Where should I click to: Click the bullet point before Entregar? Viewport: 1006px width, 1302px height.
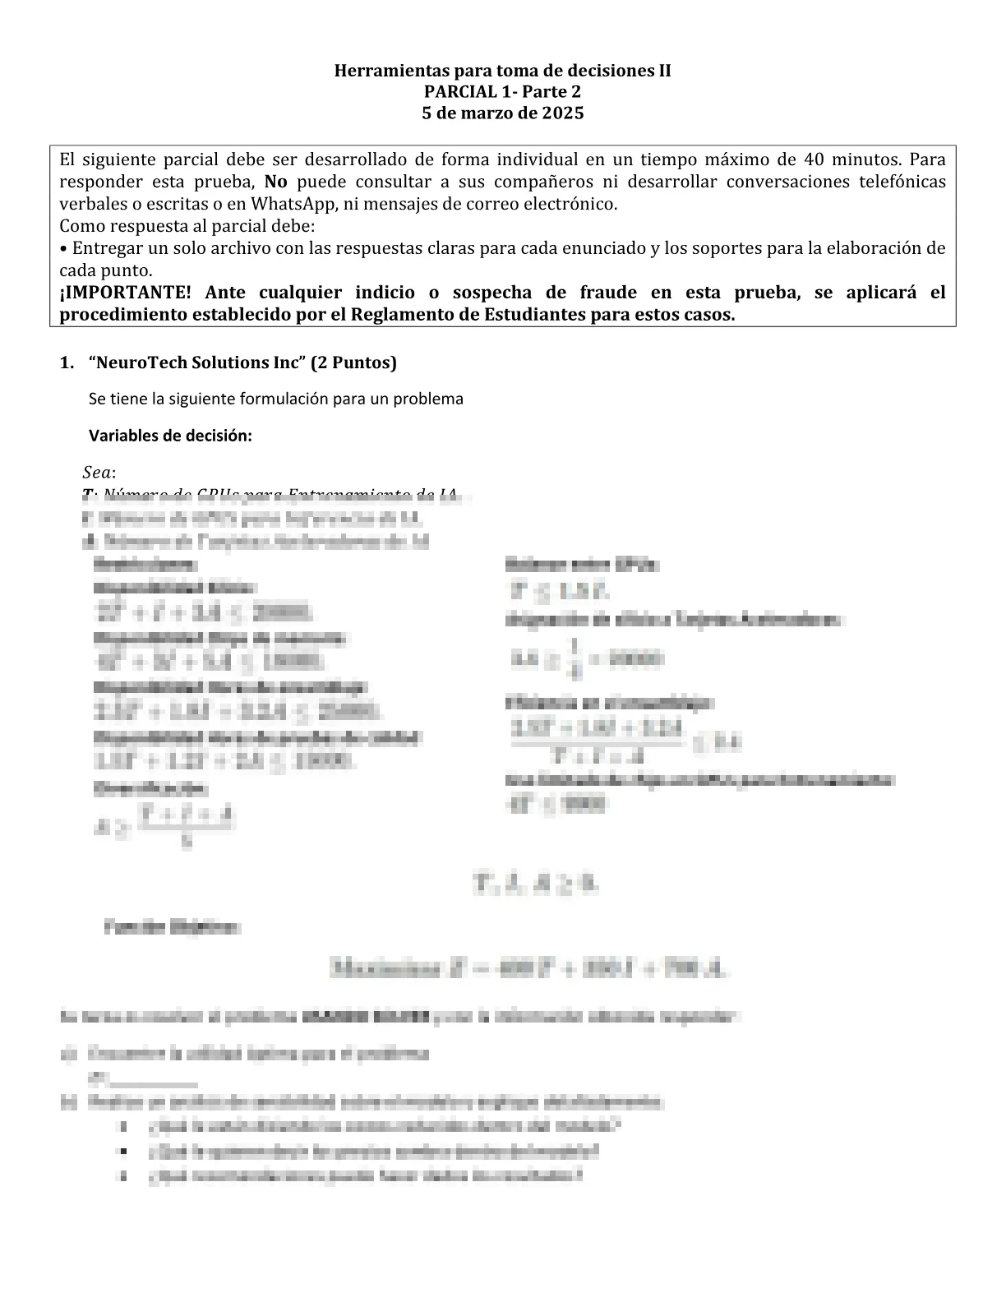point(63,248)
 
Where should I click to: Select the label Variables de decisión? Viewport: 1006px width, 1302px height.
point(170,436)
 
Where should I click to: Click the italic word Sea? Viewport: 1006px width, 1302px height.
point(98,473)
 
